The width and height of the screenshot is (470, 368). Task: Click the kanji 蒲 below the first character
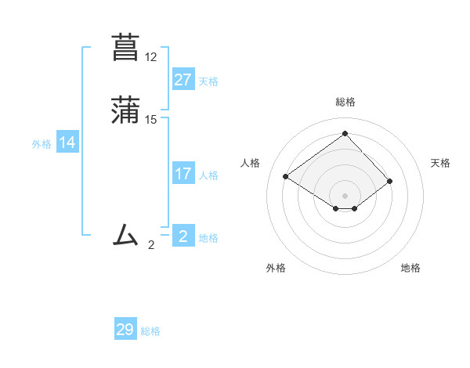(x=126, y=110)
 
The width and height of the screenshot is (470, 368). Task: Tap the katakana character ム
(x=126, y=234)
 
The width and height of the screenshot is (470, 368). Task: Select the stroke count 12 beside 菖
(x=151, y=57)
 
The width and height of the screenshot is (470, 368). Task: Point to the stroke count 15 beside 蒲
(x=151, y=120)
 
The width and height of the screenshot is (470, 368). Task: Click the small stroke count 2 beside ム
(x=151, y=245)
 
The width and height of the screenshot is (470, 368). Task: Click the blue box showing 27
(x=183, y=80)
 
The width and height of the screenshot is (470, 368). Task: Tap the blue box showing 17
(x=183, y=174)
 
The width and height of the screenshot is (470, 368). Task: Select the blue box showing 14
(x=67, y=143)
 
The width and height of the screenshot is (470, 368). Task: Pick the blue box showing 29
(x=125, y=330)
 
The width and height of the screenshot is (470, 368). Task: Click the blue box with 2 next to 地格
(x=183, y=236)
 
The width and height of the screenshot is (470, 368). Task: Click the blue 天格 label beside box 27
(x=208, y=81)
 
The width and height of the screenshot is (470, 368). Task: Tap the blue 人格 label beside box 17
(x=208, y=175)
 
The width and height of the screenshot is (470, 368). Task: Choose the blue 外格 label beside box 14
(x=42, y=144)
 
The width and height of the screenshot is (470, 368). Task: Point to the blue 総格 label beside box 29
(x=150, y=331)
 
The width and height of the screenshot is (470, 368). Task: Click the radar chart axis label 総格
(x=345, y=102)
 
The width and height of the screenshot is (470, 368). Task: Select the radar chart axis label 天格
(x=440, y=163)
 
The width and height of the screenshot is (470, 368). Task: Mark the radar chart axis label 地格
(x=410, y=268)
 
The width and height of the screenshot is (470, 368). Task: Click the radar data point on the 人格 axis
(x=285, y=176)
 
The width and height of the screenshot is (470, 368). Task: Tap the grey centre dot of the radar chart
(x=345, y=195)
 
